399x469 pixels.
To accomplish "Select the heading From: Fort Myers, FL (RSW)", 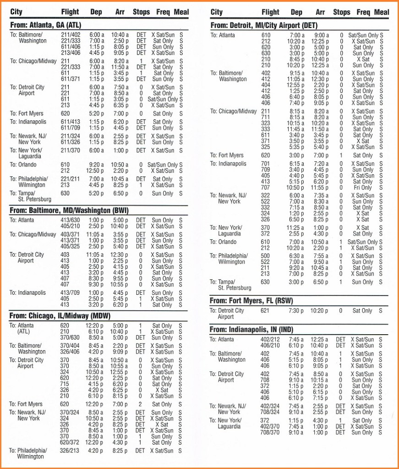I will pyautogui.click(x=251, y=301).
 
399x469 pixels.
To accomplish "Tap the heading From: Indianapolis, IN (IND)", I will pyautogui.click(x=251, y=330).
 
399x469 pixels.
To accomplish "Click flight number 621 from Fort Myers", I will pyautogui.click(x=266, y=311).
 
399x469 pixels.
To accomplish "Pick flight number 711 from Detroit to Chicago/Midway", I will pyautogui.click(x=266, y=117).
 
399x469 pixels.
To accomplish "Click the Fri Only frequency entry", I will pyautogui.click(x=363, y=188).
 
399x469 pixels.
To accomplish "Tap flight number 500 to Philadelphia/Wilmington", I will pyautogui.click(x=266, y=256).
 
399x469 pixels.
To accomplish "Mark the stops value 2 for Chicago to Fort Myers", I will pyautogui.click(x=140, y=404).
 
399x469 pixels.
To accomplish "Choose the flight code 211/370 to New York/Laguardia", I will pyautogui.click(x=69, y=150).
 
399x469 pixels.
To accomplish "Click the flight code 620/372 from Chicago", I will pyautogui.click(x=69, y=442).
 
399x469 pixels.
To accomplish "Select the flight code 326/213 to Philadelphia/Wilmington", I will pyautogui.click(x=69, y=451).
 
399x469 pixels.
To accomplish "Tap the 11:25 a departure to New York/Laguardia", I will pyautogui.click(x=296, y=227).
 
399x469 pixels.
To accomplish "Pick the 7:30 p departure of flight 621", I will pyautogui.click(x=296, y=311).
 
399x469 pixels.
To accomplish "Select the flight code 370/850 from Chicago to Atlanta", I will pyautogui.click(x=69, y=338).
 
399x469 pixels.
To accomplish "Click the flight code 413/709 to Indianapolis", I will pyautogui.click(x=69, y=293).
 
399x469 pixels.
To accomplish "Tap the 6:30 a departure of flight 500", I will pyautogui.click(x=296, y=256).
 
